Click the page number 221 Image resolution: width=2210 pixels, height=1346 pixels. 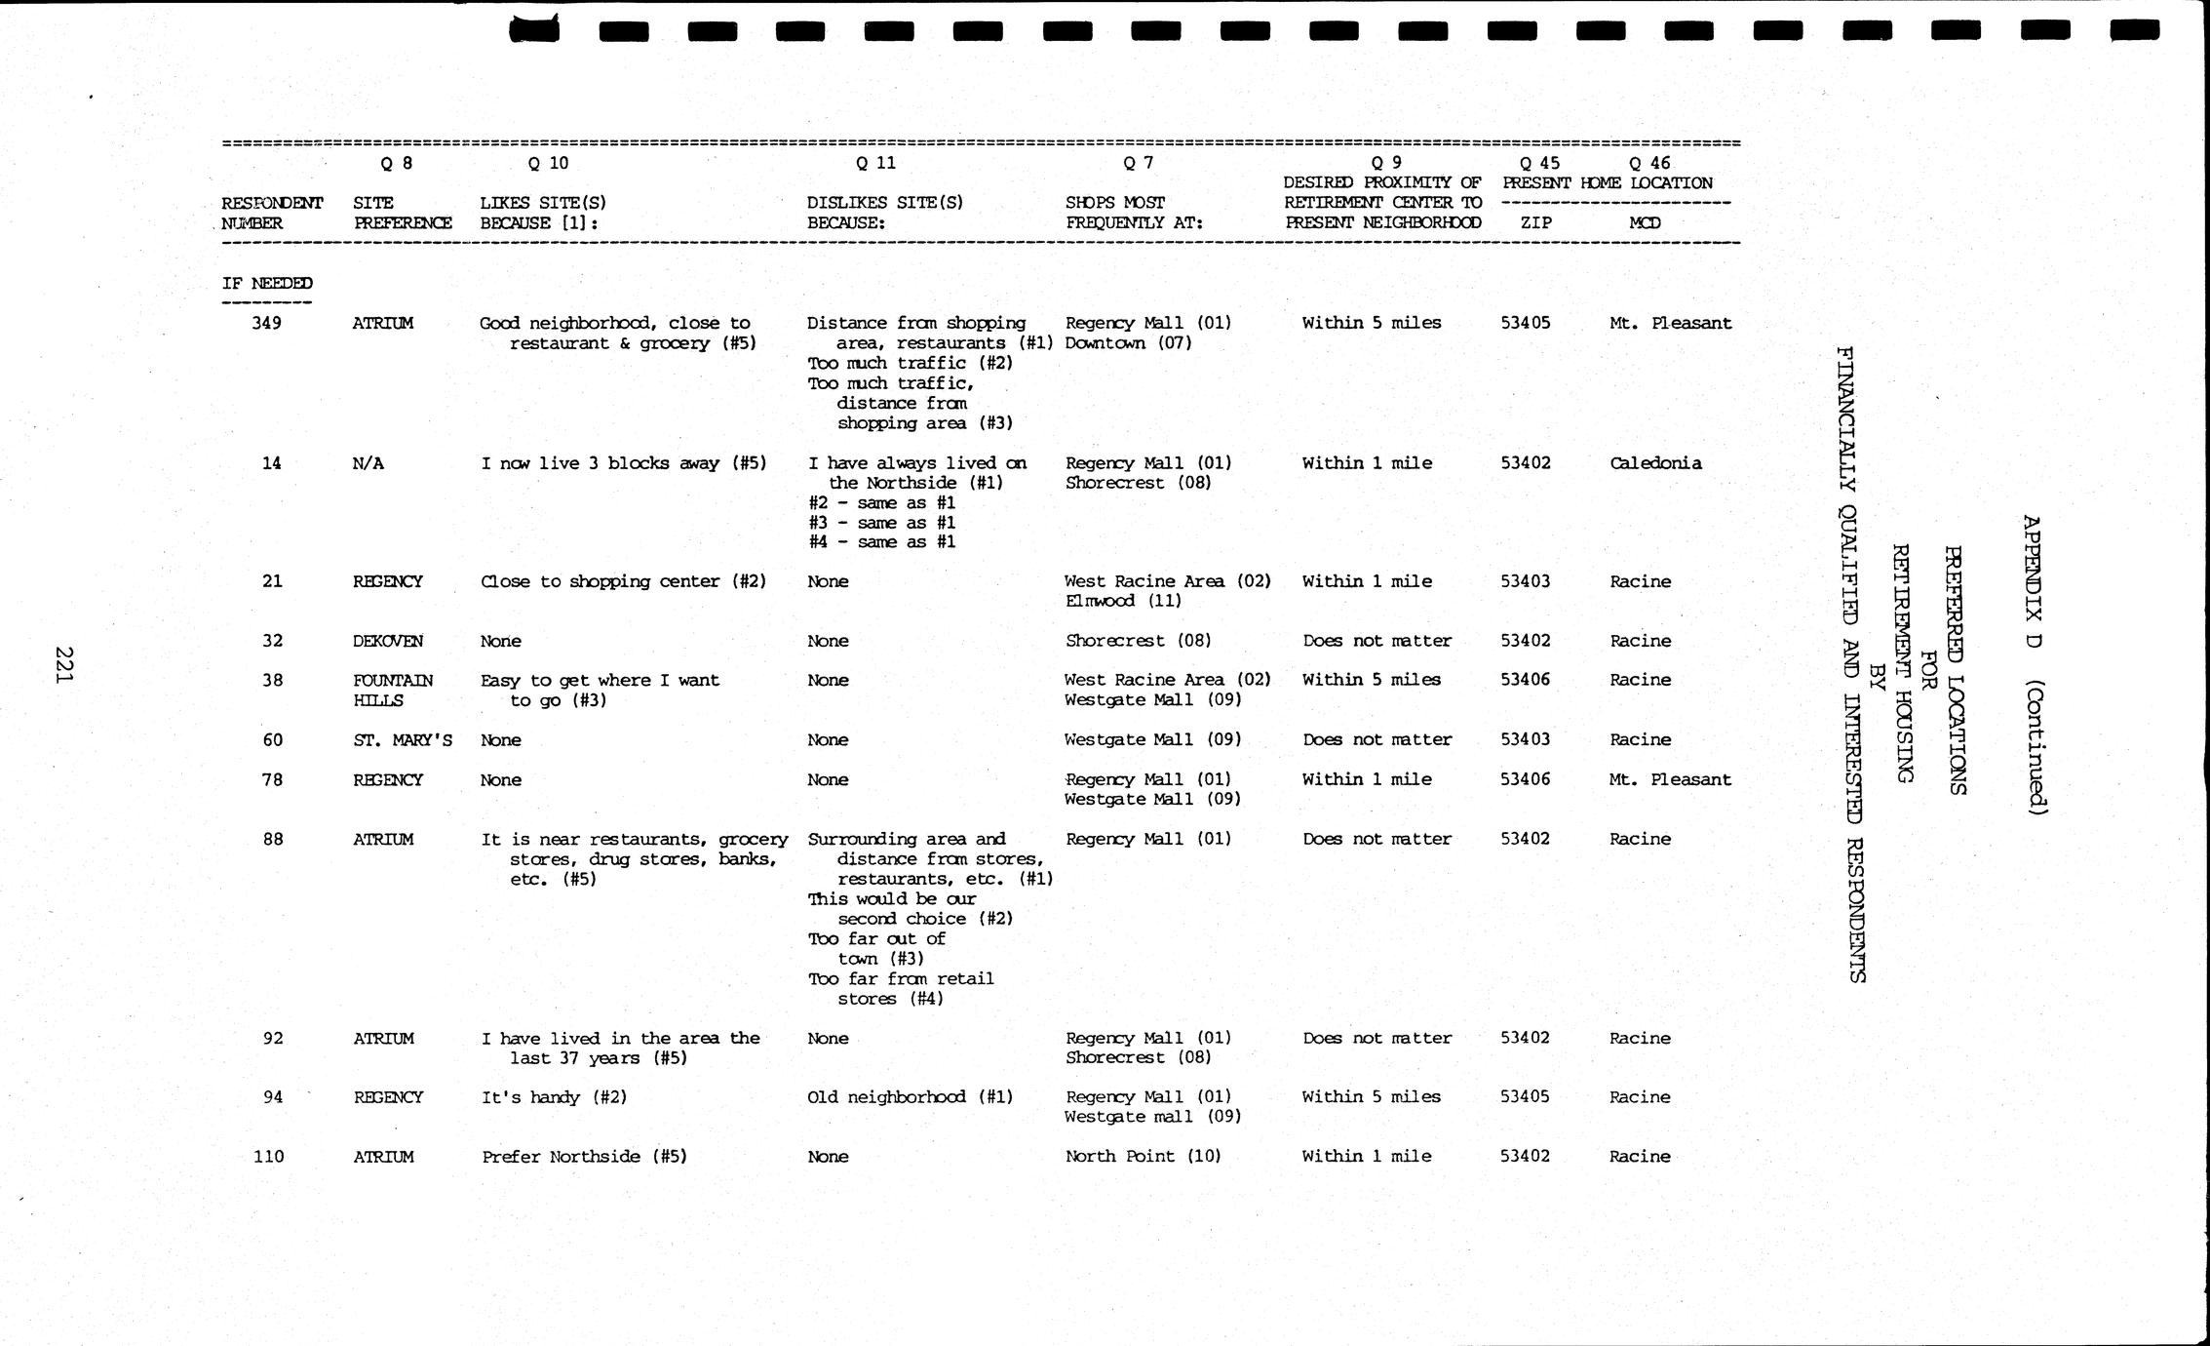pos(64,665)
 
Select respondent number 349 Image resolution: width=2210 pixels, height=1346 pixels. pos(266,323)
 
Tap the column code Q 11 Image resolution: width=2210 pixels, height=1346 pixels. pos(875,163)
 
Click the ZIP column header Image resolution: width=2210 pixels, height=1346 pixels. pos(1535,222)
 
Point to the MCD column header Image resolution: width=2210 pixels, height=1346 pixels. pos(1645,222)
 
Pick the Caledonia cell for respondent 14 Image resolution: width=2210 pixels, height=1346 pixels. pos(1655,463)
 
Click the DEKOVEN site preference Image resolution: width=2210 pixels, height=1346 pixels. pos(388,641)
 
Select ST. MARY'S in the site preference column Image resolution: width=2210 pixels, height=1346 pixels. pos(403,740)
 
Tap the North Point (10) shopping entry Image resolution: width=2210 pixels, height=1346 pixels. pos(1143,1156)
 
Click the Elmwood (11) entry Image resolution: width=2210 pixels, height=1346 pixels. pos(1123,601)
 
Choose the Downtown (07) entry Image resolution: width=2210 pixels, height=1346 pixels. pos(1128,343)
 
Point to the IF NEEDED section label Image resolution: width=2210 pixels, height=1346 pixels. pos(267,284)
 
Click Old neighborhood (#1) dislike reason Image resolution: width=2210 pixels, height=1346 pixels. pos(910,1097)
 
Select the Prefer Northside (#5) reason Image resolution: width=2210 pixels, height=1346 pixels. pos(584,1157)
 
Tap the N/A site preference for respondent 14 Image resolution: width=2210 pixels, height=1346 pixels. pos(368,463)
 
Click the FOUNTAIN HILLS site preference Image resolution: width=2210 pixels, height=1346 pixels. pos(393,691)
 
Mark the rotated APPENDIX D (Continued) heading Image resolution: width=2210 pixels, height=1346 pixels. pos(2035,664)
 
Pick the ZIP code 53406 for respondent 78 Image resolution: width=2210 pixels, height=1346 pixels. pos(1525,779)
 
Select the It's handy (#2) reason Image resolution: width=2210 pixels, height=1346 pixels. pos(554,1097)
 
